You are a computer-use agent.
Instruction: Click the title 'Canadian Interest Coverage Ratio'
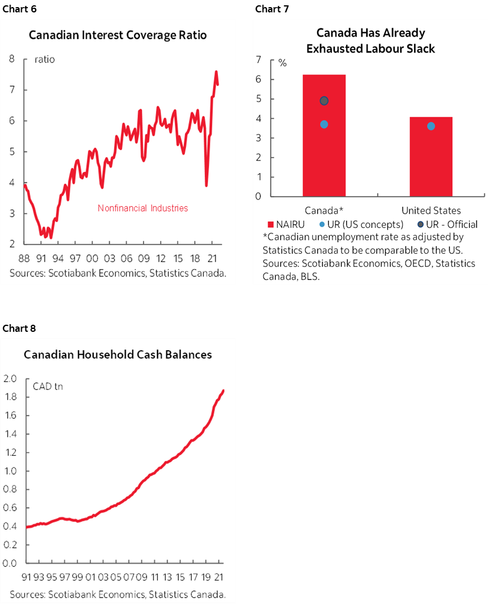(118, 35)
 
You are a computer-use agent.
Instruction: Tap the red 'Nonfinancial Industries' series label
(143, 208)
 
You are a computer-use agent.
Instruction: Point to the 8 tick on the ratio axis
(12, 59)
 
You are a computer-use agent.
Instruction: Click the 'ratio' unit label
(44, 60)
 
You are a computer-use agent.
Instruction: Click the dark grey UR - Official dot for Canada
(324, 101)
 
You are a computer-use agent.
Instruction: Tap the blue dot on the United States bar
(431, 126)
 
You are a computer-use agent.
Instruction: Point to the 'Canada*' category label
(324, 210)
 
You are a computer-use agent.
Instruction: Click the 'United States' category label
(431, 210)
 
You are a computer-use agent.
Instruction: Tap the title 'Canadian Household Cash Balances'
(118, 355)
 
